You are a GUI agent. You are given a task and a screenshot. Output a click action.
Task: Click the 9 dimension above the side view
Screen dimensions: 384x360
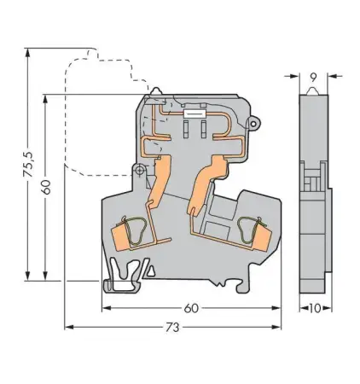coord(313,77)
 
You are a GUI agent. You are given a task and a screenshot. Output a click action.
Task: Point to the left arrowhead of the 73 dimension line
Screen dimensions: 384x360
coord(67,327)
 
